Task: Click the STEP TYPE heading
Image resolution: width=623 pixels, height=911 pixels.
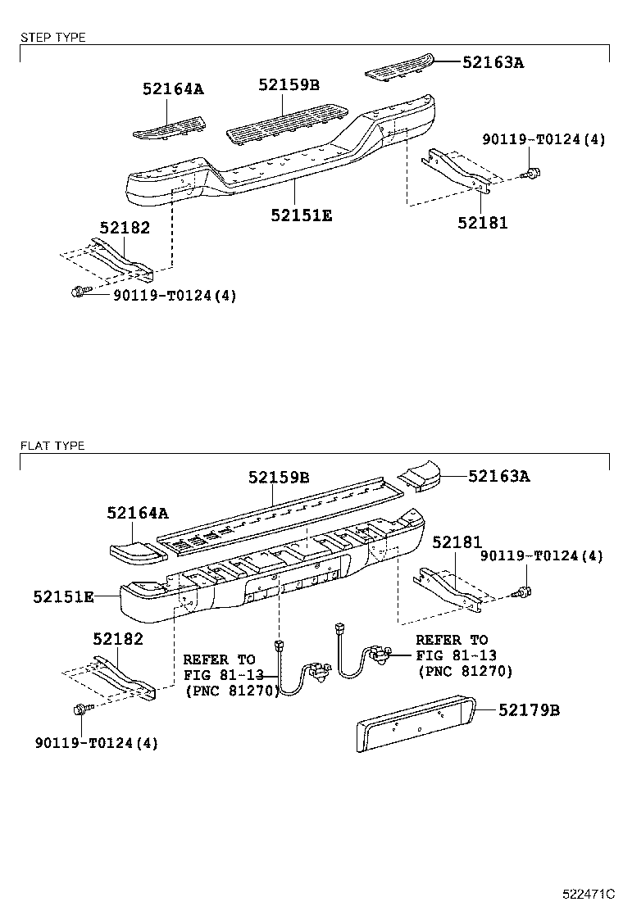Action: click(x=52, y=38)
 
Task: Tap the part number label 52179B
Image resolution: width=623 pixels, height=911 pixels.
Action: click(x=530, y=710)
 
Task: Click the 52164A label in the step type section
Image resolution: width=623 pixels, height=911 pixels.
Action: click(x=172, y=89)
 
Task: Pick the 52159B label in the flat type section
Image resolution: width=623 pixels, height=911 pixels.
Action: click(x=279, y=477)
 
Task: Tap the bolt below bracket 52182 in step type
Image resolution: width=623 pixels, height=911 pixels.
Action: click(x=79, y=290)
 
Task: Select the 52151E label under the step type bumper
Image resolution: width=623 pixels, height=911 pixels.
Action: click(x=302, y=215)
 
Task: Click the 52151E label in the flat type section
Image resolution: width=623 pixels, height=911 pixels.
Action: click(x=63, y=597)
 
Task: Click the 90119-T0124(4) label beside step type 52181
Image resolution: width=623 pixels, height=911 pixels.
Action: click(x=544, y=140)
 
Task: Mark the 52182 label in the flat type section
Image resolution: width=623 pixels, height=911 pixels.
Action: click(x=118, y=638)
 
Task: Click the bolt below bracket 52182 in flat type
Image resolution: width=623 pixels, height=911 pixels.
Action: click(x=83, y=709)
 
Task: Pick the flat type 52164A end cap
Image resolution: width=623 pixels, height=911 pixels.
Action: click(x=135, y=551)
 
